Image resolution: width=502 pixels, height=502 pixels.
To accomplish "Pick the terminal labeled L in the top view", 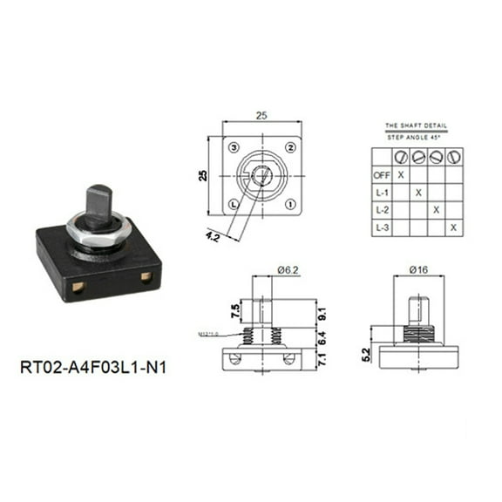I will (233, 204).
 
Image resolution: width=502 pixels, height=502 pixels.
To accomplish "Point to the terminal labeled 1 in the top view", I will (288, 204).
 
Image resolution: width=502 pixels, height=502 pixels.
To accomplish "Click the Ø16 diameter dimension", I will (420, 271).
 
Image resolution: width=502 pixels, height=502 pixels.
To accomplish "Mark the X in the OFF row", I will (400, 174).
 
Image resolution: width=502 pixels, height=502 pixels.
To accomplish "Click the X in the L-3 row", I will (453, 228).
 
